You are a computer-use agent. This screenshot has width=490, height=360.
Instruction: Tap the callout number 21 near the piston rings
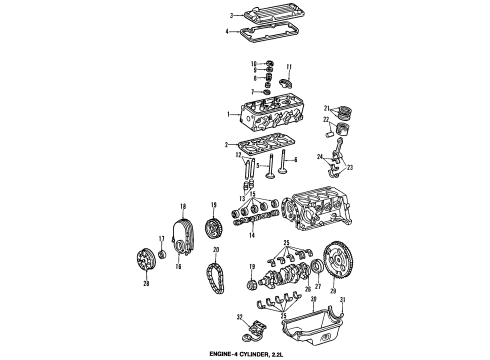click(x=326, y=108)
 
